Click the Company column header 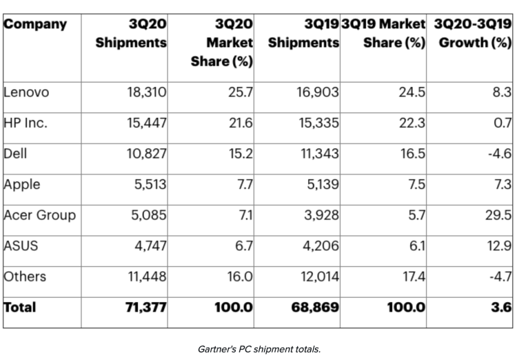36,25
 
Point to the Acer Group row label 39,215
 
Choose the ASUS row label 21,246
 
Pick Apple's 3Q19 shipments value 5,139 318,184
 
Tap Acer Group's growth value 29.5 498,215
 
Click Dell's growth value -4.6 497,153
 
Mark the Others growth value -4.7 497,277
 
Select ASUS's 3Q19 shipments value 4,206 318,246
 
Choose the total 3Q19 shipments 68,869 315,308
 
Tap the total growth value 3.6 501,308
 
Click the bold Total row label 20,308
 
